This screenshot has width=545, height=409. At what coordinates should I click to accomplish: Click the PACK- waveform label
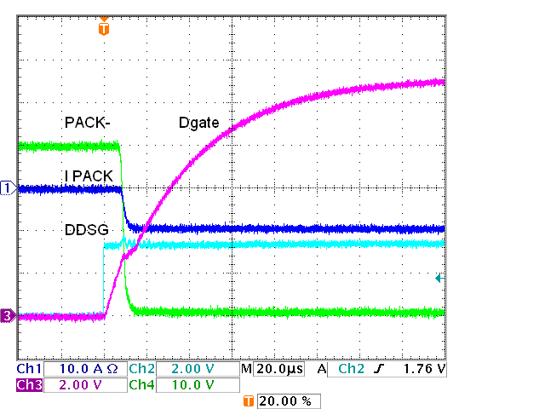[x=88, y=123]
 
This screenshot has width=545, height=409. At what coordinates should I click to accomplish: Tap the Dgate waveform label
[x=199, y=124]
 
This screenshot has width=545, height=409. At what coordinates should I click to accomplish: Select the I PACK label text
[x=89, y=176]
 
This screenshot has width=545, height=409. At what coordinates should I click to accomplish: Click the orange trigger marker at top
[x=104, y=28]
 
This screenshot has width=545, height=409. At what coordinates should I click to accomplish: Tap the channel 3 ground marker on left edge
[x=8, y=316]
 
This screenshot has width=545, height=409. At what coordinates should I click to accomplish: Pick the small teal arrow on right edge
[x=439, y=278]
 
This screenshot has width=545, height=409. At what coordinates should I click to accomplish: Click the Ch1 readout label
[x=29, y=370]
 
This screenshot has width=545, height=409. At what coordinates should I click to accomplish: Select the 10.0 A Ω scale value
[x=87, y=370]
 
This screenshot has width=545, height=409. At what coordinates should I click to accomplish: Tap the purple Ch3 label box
[x=29, y=385]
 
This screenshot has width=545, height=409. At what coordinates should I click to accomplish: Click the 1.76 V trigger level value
[x=423, y=370]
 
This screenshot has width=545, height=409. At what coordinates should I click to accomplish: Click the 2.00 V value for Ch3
[x=82, y=385]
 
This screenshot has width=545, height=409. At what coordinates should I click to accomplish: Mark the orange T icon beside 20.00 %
[x=249, y=400]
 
